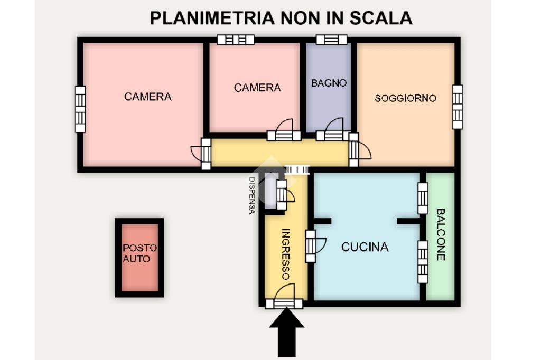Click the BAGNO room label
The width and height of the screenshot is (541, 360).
pyautogui.click(x=329, y=83)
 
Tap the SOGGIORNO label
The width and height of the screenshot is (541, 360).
pyautogui.click(x=405, y=98)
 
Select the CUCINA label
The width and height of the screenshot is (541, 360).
pyautogui.click(x=365, y=247)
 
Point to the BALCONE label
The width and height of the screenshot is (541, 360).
pyautogui.click(x=441, y=234)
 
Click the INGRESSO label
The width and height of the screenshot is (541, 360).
pyautogui.click(x=285, y=253)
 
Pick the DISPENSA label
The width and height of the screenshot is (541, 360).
pyautogui.click(x=252, y=195)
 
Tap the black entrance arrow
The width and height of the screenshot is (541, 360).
pyautogui.click(x=287, y=330)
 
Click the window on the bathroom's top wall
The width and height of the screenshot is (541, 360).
pyautogui.click(x=331, y=40)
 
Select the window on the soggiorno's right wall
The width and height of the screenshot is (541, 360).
pyautogui.click(x=457, y=107)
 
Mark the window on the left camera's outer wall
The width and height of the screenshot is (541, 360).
pyautogui.click(x=80, y=110)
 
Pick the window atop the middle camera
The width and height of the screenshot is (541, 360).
pyautogui.click(x=236, y=40)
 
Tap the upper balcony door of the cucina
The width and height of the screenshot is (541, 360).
pyautogui.click(x=423, y=198)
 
